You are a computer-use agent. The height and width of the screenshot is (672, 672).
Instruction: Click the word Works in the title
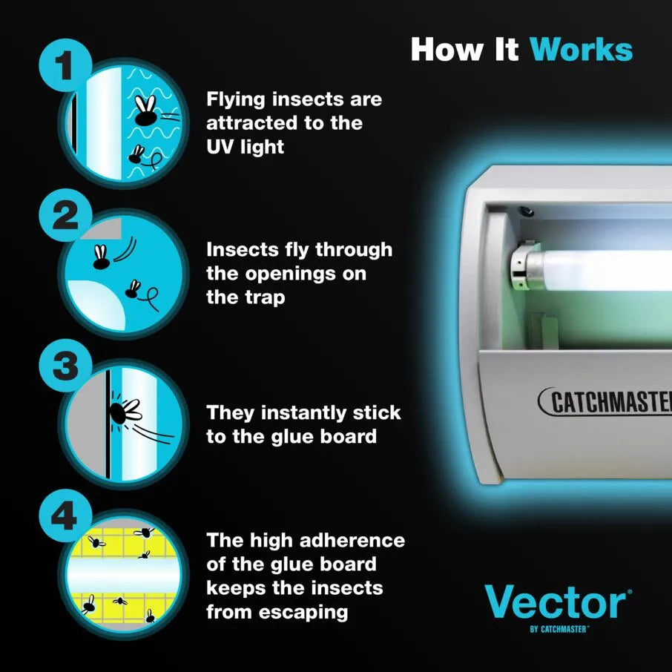click(582, 50)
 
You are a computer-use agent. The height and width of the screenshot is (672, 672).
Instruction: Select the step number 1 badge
click(65, 65)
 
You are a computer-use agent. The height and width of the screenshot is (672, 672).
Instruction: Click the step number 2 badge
click(65, 215)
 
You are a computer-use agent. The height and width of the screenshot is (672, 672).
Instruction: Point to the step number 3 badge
click(65, 365)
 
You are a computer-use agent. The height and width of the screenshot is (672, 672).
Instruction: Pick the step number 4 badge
click(65, 515)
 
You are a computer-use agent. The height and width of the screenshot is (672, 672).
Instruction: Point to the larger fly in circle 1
click(145, 111)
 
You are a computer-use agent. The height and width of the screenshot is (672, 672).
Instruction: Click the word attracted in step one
click(251, 123)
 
